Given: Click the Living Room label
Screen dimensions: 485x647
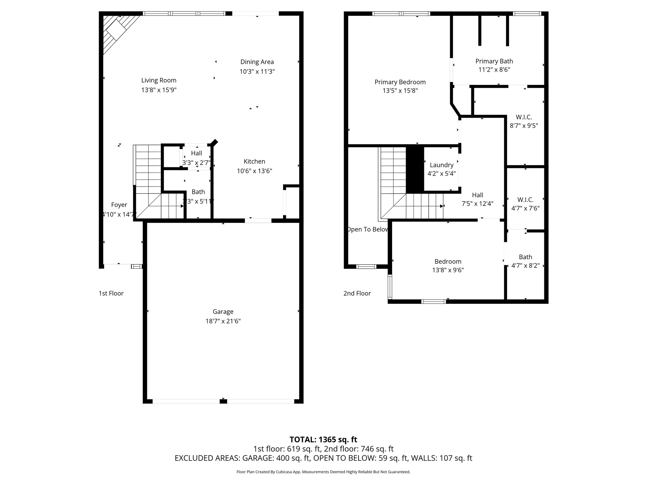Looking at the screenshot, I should [x=159, y=81].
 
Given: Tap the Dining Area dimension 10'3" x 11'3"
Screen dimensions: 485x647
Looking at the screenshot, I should [x=257, y=72].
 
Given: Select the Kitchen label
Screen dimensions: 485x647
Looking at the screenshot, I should [x=254, y=162].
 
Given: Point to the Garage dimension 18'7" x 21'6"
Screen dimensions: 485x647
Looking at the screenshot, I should [x=223, y=321].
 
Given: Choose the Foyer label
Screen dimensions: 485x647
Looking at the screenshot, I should [x=119, y=205].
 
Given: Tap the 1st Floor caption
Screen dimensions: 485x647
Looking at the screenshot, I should [x=111, y=293].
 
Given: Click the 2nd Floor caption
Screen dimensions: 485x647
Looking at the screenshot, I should [x=357, y=293].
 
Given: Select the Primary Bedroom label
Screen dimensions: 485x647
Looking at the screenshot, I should [x=400, y=82].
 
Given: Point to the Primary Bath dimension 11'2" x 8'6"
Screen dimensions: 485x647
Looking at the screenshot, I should [x=494, y=70].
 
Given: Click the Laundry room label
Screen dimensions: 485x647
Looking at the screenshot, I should [x=441, y=165].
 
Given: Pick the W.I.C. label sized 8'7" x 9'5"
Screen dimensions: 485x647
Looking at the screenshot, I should [x=524, y=117].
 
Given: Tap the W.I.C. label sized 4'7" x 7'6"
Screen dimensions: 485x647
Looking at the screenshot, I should [x=525, y=200].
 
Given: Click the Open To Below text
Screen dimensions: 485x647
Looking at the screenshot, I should [x=367, y=230].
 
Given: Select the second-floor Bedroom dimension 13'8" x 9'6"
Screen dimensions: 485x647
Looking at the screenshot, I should [x=448, y=270].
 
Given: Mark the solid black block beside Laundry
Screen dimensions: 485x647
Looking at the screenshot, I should [x=414, y=170].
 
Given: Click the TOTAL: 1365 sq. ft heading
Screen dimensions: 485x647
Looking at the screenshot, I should [x=323, y=440].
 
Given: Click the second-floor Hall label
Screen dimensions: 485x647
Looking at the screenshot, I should [x=477, y=195].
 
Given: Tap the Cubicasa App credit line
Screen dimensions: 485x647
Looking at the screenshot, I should [x=323, y=472].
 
